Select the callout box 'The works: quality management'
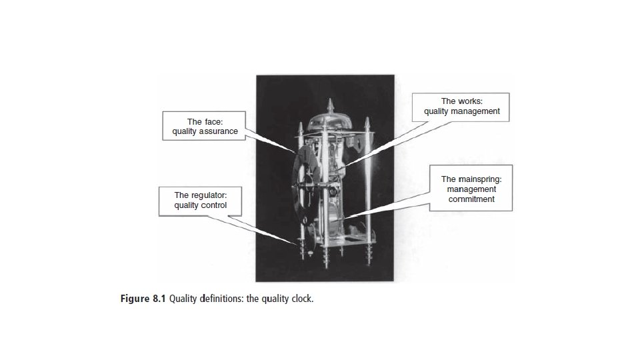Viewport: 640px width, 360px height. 461,107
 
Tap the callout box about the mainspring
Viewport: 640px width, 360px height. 471,188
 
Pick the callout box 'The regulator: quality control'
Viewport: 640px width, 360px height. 200,200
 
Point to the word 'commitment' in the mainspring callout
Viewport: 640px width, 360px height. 471,199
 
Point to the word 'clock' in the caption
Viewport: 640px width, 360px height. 301,298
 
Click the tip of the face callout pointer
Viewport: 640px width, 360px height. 294,151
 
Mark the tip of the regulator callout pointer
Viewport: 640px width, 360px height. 299,246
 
